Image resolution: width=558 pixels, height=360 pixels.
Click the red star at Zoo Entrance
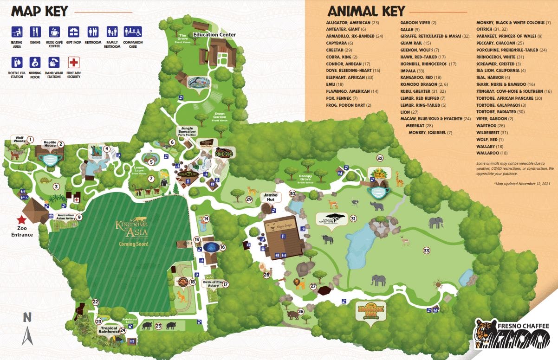[x=20, y=220]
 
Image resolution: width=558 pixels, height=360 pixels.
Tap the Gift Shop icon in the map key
[x=74, y=32]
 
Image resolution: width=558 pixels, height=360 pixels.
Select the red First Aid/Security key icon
[x=74, y=62]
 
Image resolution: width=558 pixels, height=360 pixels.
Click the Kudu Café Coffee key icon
[x=54, y=32]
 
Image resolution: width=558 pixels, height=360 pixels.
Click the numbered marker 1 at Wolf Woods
[x=30, y=139]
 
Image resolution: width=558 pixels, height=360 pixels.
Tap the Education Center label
[x=214, y=35]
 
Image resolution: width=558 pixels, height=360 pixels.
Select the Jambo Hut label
[x=271, y=196]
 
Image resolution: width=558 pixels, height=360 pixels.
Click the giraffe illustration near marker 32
[x=398, y=179]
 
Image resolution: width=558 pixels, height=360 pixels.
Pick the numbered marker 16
[x=222, y=247]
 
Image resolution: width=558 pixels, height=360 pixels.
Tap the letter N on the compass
[x=27, y=317]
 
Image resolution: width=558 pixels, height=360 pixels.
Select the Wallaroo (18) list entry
[x=492, y=153]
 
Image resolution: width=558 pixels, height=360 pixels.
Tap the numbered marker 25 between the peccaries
[x=158, y=326]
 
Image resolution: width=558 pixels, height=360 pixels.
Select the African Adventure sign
[x=331, y=219]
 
